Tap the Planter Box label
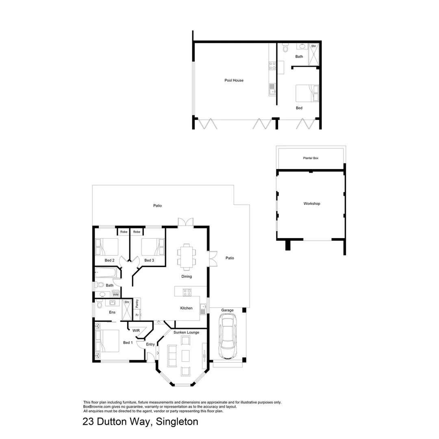(311, 158)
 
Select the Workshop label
(312, 204)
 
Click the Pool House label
(234, 80)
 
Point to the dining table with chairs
(186, 256)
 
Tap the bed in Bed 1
(107, 341)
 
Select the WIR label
(136, 330)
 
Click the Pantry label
(137, 303)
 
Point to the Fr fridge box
(137, 315)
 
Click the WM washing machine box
(115, 294)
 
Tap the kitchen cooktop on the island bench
(187, 291)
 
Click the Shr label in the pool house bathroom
(313, 46)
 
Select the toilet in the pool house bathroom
(285, 49)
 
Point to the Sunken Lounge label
(186, 333)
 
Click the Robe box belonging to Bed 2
(124, 232)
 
